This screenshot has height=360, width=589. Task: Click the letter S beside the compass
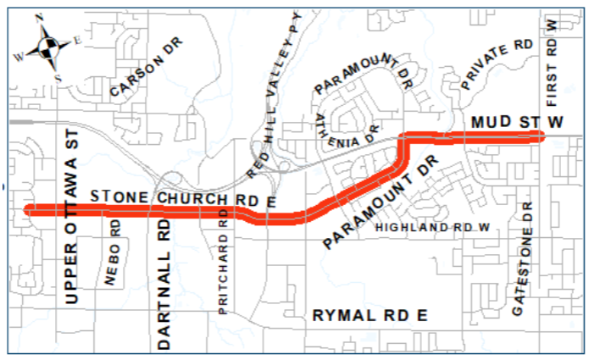pos(58,78)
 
